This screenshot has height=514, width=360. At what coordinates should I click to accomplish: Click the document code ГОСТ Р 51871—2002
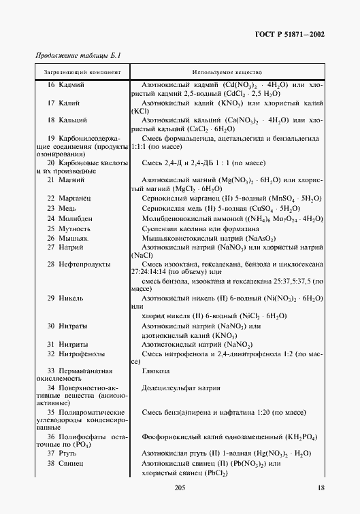288,35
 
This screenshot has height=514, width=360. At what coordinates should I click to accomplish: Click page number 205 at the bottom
180,487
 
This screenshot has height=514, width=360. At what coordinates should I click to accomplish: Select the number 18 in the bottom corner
321,487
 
